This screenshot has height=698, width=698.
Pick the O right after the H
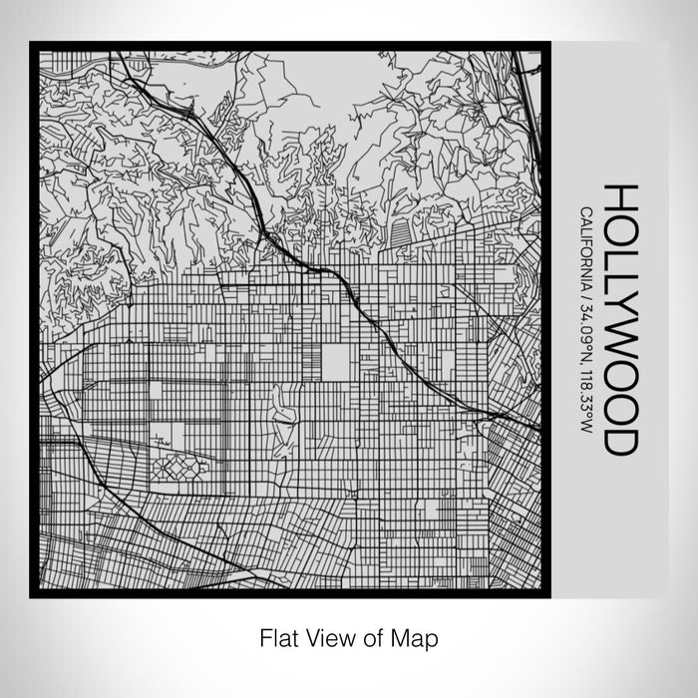618,226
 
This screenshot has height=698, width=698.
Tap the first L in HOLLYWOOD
618,253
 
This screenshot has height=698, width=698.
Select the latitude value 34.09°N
584,325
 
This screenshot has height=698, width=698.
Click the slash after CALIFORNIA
584,291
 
